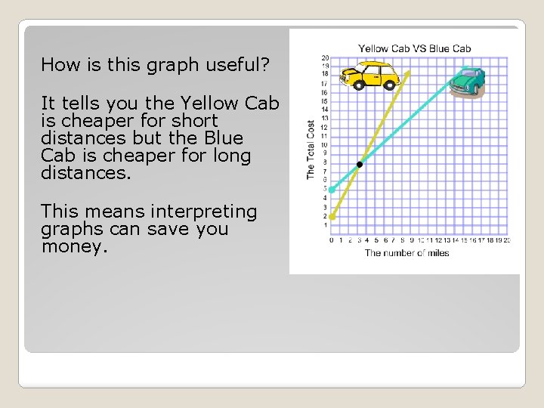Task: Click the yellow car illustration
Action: pos(370,75)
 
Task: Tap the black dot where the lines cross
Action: pos(360,164)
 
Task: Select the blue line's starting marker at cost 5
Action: pos(332,190)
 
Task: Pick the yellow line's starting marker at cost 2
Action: pos(332,216)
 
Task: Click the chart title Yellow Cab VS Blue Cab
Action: pos(414,48)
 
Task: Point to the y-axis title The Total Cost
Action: pos(311,149)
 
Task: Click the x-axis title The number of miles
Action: pos(406,253)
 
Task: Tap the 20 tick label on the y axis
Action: pos(325,57)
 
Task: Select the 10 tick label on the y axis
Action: pos(325,145)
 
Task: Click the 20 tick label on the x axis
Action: pos(507,240)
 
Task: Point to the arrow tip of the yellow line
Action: pos(409,72)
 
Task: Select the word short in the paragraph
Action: pos(194,121)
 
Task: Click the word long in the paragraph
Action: pos(233,156)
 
